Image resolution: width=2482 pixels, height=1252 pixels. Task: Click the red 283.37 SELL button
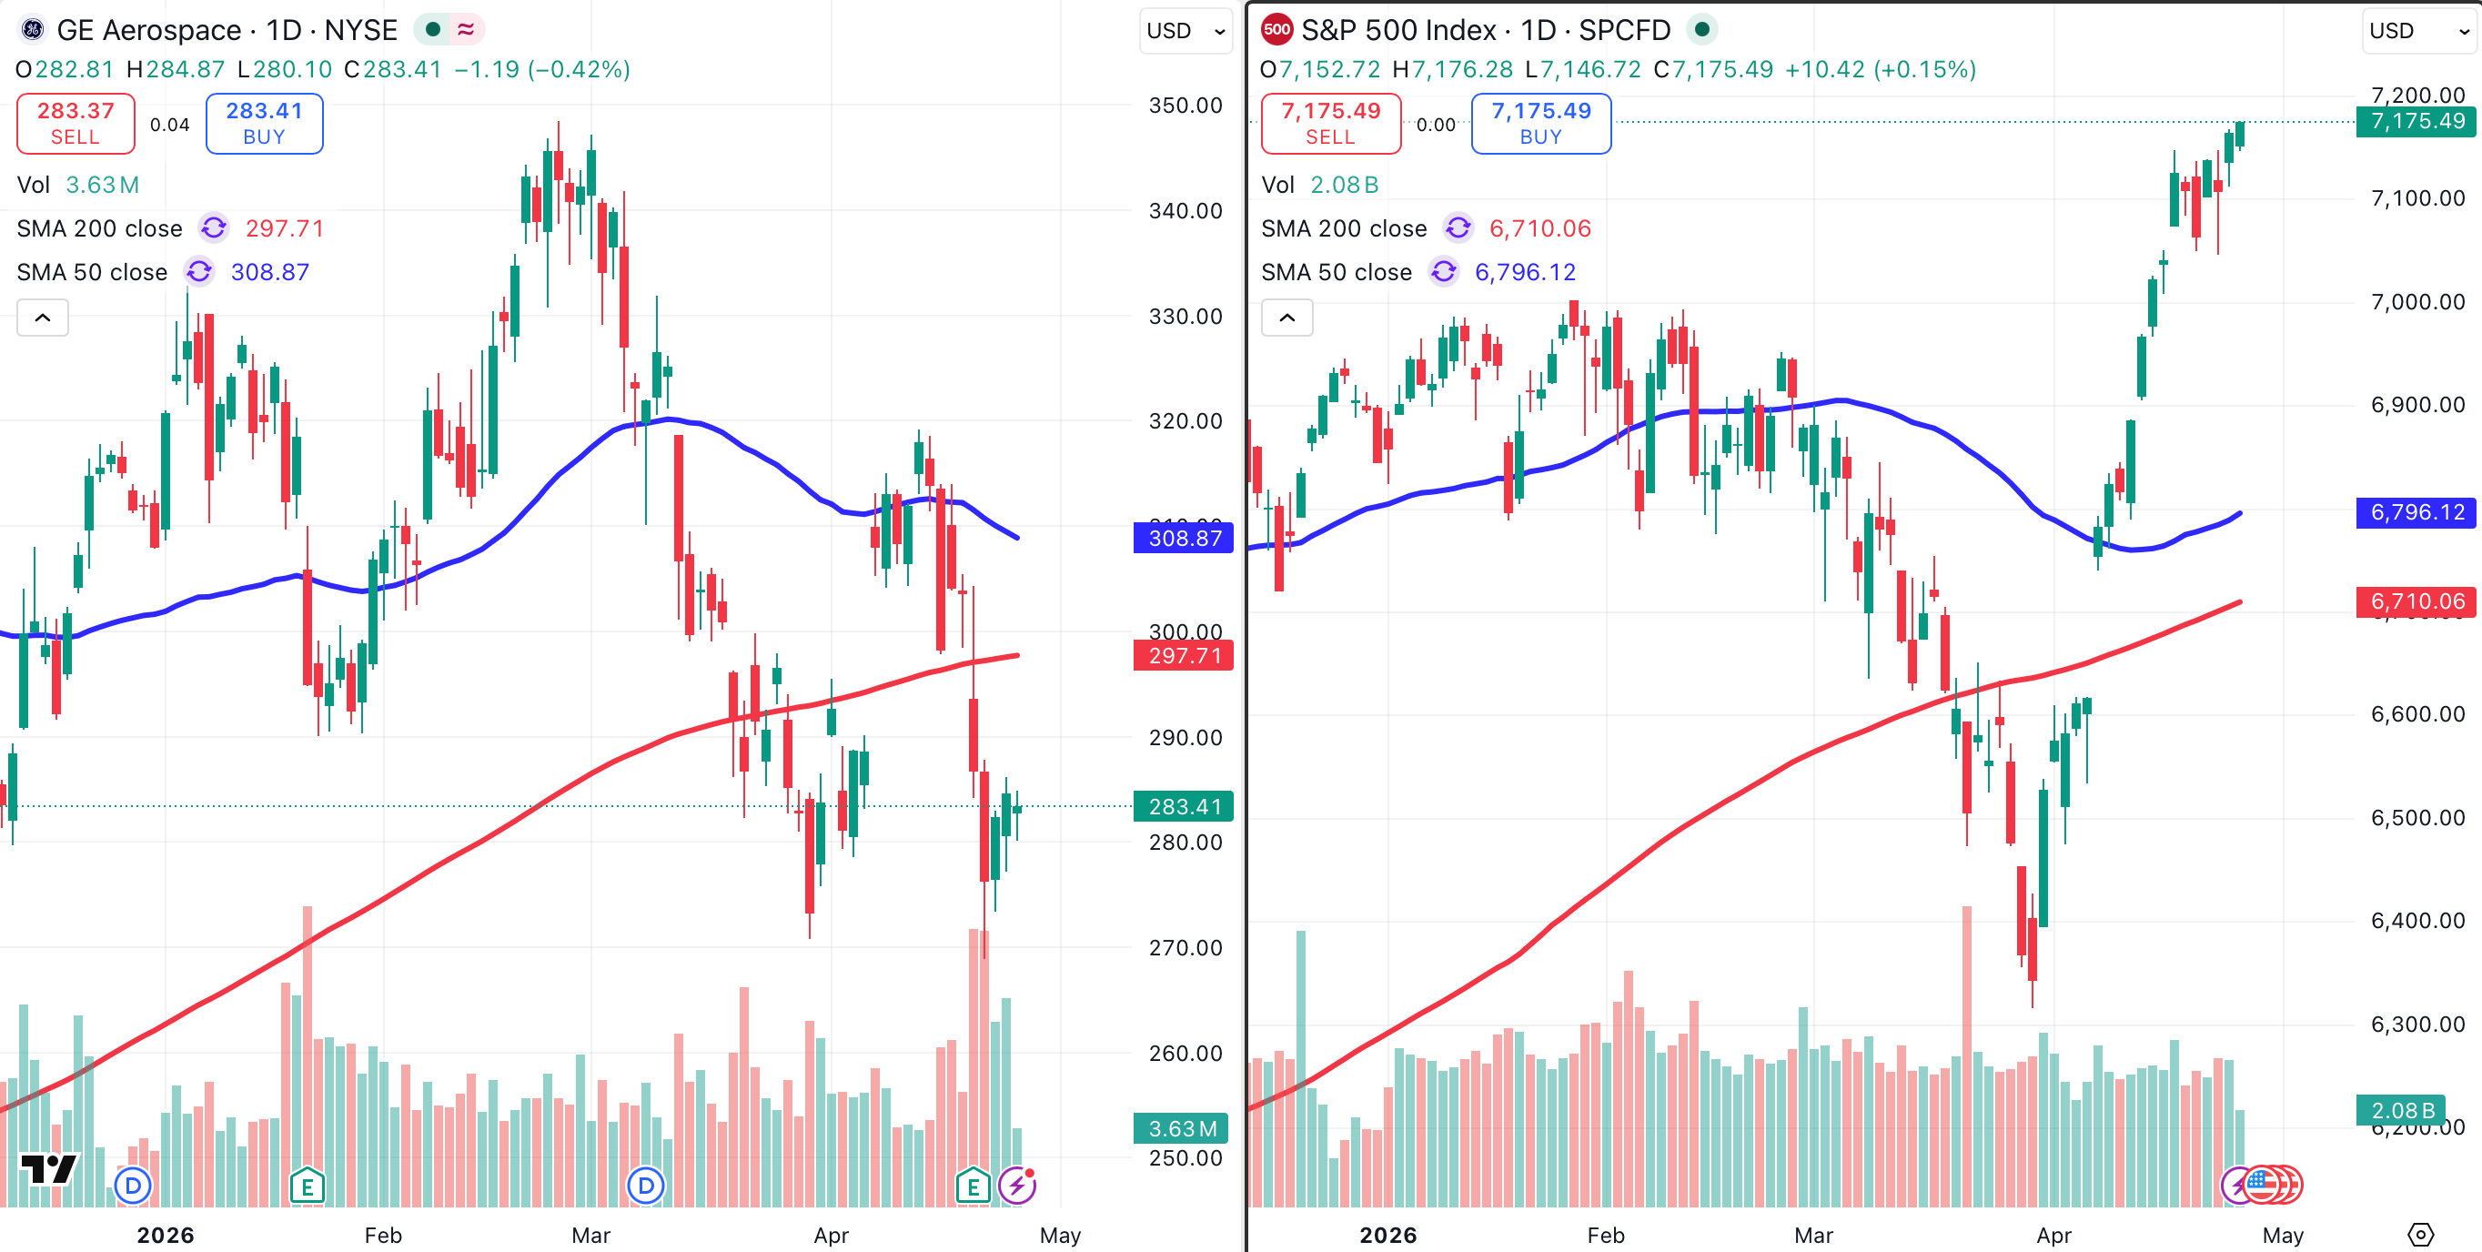tap(76, 124)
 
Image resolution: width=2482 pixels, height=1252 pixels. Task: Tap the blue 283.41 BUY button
tap(264, 124)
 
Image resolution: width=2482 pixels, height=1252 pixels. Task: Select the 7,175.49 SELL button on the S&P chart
tap(1329, 124)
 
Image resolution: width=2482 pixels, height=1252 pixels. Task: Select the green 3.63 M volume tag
tap(1181, 1127)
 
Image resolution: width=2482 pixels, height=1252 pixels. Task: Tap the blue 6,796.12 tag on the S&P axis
tap(2416, 511)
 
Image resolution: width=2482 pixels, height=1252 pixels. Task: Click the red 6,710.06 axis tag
tap(2416, 601)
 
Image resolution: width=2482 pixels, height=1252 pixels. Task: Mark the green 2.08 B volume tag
tap(2402, 1110)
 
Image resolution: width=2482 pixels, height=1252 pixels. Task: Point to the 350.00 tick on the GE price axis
tap(1185, 105)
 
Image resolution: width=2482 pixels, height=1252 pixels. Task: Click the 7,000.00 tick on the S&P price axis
tap(2416, 302)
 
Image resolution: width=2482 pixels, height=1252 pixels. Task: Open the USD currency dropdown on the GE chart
tap(1186, 31)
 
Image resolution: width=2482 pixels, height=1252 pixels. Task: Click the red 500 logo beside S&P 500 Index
tap(1276, 29)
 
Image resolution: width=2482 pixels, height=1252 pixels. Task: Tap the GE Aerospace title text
tap(227, 30)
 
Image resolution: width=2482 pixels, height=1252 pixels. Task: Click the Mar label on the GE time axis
tap(590, 1235)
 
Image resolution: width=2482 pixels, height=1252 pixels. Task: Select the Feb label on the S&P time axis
tap(1605, 1235)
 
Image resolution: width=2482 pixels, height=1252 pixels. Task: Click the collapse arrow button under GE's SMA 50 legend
tap(43, 318)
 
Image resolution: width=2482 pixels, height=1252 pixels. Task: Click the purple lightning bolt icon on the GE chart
tap(1016, 1185)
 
